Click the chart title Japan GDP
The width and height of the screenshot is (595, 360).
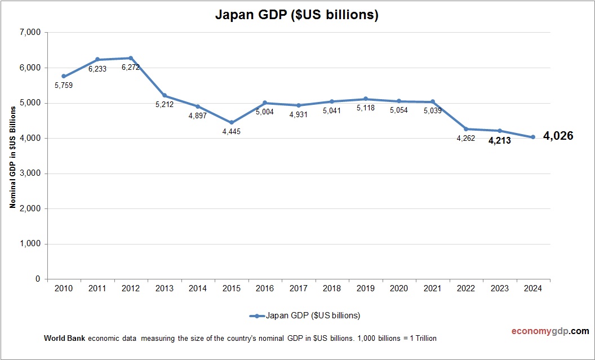click(x=297, y=15)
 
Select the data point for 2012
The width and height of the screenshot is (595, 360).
click(x=131, y=58)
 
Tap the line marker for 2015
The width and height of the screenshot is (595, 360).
click(x=232, y=122)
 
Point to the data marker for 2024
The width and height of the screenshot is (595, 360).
click(x=533, y=137)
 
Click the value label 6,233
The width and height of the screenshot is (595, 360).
click(x=97, y=69)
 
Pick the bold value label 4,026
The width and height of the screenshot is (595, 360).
click(x=558, y=136)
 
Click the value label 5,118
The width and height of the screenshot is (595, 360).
click(x=366, y=108)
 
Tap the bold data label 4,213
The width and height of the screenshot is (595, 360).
click(x=499, y=141)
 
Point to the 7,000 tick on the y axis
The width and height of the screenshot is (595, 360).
click(x=30, y=33)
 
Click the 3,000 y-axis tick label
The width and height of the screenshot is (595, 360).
click(x=30, y=174)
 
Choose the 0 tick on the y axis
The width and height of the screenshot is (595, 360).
click(x=38, y=279)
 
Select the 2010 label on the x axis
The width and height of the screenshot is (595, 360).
click(x=64, y=288)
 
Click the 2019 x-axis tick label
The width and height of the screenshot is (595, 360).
click(x=366, y=288)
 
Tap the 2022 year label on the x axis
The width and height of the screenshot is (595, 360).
click(x=466, y=288)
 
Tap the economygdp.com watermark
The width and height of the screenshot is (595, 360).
click(x=542, y=331)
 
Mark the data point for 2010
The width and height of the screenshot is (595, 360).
click(x=64, y=76)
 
